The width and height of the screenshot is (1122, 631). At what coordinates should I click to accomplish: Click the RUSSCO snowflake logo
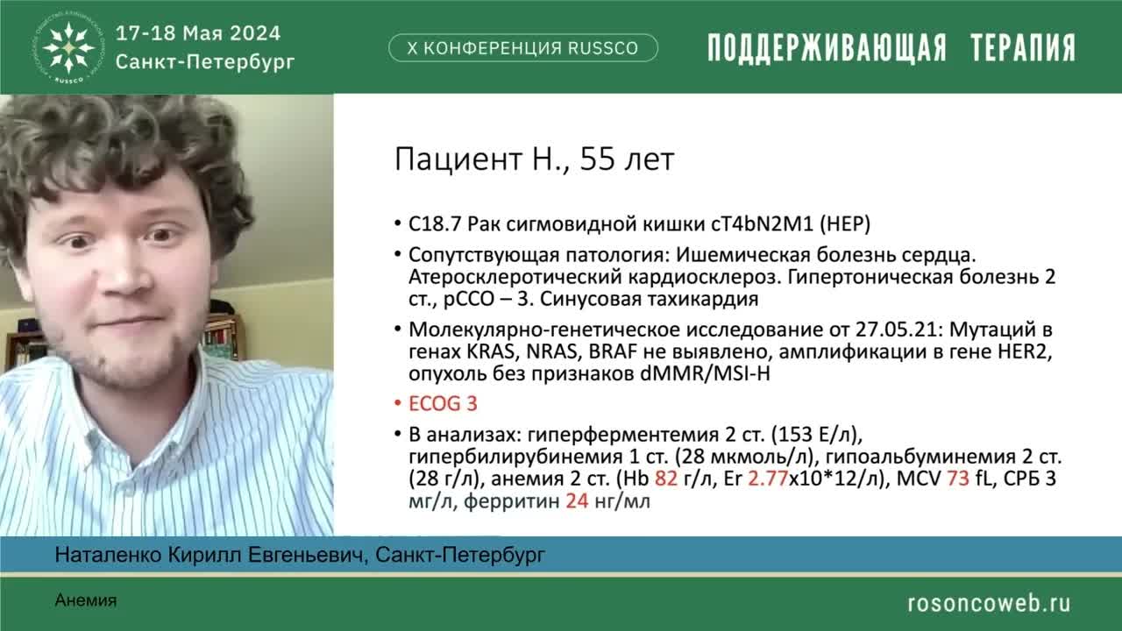(69, 46)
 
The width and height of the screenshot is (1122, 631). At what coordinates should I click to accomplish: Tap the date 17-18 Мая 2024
(198, 34)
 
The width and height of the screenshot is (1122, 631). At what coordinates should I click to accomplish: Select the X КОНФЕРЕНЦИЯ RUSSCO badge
(523, 48)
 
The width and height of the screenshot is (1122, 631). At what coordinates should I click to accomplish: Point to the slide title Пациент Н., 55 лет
(534, 160)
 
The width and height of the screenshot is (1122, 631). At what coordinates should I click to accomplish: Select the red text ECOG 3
(444, 404)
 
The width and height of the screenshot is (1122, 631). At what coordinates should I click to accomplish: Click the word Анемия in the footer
(85, 600)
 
